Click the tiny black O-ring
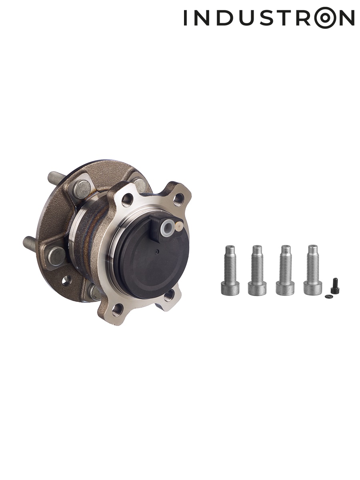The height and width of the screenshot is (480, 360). coord(328,296)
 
